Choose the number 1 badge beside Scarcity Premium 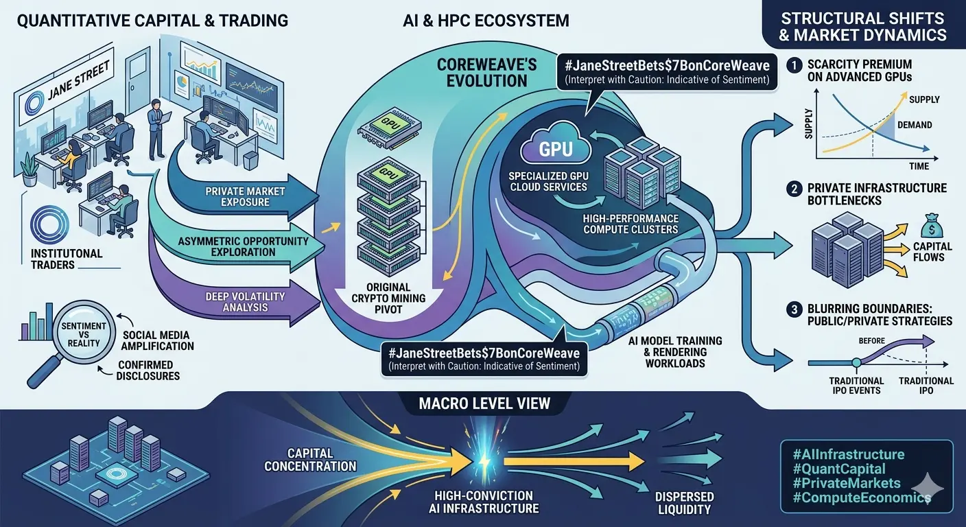794,66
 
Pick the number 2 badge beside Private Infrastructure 794,188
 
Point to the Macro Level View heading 484,403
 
